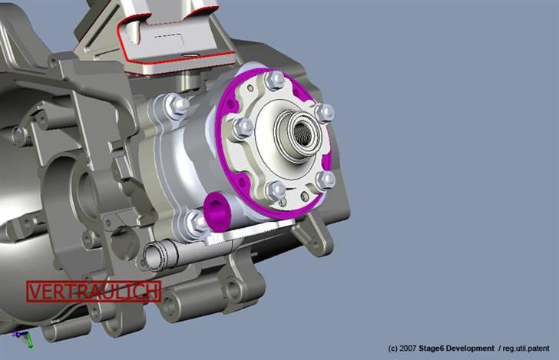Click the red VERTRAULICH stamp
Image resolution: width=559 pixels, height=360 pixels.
point(94,291)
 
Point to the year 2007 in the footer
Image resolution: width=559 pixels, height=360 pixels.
point(408,348)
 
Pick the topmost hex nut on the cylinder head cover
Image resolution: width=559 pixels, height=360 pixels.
point(273,80)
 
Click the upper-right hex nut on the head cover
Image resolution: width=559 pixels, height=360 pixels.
point(324,113)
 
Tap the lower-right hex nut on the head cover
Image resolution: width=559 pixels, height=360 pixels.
point(326,180)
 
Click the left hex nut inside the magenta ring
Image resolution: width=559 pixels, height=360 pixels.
point(243,127)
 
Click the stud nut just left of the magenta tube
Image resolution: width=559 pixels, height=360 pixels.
point(196,223)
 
